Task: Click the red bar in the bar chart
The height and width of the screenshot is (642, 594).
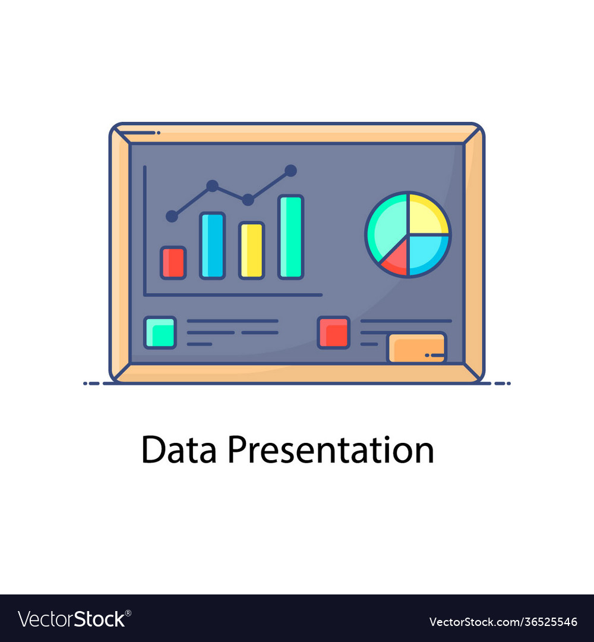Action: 173,263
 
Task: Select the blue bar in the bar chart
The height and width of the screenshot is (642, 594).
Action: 212,245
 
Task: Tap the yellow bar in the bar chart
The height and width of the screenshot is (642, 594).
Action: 251,250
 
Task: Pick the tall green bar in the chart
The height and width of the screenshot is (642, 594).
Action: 290,237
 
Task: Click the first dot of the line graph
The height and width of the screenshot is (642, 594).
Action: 172,216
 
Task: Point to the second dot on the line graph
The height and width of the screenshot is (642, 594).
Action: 212,186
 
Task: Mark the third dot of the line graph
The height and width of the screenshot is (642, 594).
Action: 248,200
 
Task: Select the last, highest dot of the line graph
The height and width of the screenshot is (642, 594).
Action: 290,171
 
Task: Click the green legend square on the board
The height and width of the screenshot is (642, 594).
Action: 160,332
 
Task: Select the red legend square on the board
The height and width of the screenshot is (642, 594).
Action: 334,332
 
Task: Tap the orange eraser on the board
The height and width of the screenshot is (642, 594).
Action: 416,348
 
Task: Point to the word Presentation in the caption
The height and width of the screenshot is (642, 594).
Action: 330,450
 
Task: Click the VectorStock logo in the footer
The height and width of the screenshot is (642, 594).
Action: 72,619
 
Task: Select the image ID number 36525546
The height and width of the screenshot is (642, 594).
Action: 541,622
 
